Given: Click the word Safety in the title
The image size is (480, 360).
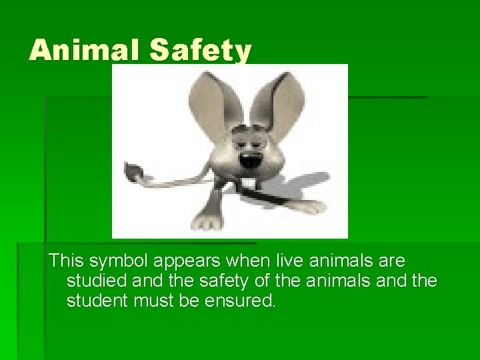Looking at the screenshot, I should click(201, 51).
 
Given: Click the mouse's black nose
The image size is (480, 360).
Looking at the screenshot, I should click(248, 161).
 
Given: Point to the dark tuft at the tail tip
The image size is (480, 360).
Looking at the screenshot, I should click(134, 173).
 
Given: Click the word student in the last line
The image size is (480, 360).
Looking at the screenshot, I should click(97, 301).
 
